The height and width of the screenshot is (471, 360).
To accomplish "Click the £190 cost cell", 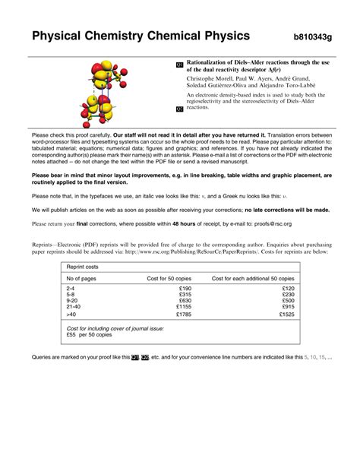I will (x=185, y=289).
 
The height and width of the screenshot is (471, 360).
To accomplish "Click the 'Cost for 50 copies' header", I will (x=169, y=279).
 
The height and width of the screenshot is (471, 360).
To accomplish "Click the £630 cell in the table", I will (x=185, y=300).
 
